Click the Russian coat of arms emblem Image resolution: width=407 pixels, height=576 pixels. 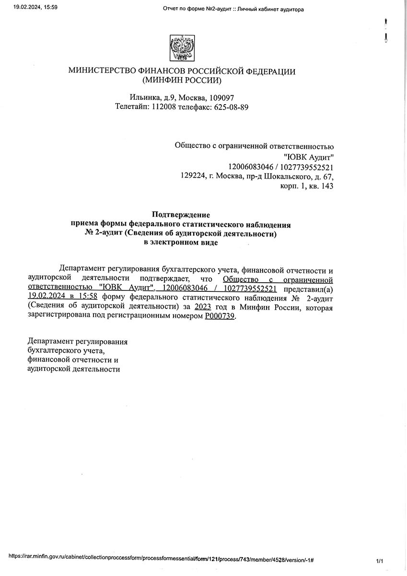182,48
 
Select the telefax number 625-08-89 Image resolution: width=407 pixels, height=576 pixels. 232,107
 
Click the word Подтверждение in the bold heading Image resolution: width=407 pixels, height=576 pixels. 181,215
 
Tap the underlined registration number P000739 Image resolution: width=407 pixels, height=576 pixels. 220,317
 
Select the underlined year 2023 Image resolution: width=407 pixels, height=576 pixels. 203,307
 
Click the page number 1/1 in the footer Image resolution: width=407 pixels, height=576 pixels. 380,561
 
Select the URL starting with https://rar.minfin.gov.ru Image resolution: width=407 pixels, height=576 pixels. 161,560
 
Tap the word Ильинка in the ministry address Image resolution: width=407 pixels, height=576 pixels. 143,97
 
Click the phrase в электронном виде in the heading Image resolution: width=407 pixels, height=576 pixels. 181,243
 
